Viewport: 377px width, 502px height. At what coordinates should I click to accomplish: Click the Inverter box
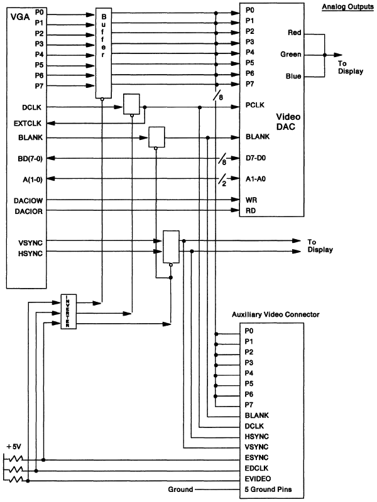click(68, 310)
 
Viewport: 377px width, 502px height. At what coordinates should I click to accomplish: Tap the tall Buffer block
click(103, 53)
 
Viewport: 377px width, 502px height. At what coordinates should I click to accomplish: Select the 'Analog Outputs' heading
click(347, 7)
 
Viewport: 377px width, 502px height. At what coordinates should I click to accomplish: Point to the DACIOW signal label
click(27, 201)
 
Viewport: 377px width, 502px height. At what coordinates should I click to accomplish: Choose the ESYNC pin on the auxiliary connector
click(256, 458)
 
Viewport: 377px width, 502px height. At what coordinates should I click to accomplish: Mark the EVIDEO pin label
click(258, 479)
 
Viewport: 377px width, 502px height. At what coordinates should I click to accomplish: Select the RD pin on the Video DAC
click(249, 211)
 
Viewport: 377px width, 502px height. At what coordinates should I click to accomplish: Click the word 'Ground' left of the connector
click(180, 489)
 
